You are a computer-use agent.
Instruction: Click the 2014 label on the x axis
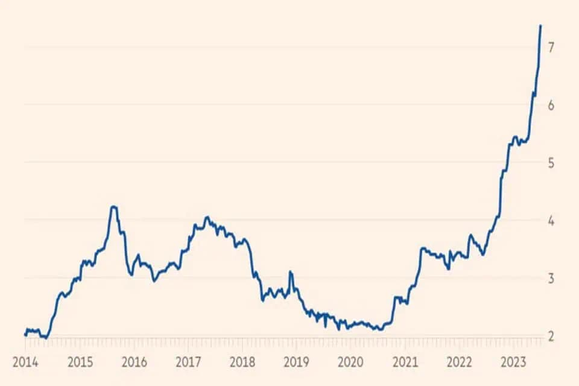25,362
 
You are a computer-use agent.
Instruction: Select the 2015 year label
80,362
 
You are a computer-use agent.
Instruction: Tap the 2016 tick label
134,362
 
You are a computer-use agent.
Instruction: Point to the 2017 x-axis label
188,362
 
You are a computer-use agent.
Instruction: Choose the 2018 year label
242,362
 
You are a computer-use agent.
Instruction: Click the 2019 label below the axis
296,362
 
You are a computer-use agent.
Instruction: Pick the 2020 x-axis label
350,362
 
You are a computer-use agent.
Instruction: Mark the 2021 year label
405,362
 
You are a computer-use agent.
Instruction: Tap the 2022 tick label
459,362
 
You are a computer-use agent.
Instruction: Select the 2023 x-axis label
513,362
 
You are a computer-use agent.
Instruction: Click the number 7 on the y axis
551,47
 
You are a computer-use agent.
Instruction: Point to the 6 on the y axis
551,106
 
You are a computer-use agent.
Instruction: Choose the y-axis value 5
551,162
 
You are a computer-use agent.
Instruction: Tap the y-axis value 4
551,221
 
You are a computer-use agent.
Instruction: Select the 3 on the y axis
551,278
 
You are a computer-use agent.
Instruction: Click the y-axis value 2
551,336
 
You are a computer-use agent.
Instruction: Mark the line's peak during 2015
114,206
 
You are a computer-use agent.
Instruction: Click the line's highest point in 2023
540,25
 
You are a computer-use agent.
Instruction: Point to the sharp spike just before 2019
290,272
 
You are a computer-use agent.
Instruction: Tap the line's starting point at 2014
25,335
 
